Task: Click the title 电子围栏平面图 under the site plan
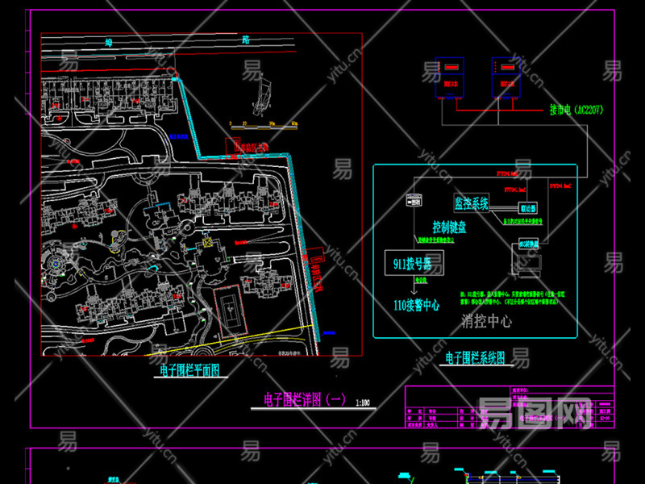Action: pos(189,370)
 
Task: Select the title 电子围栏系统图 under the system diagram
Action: pos(476,356)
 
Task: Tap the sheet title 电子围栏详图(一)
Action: pos(305,399)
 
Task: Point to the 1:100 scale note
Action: pos(361,402)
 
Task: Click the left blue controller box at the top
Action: pos(449,77)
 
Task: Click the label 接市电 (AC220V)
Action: pos(576,110)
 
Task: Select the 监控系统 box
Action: pos(472,203)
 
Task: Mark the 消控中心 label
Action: pos(485,321)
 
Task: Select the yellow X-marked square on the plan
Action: pos(207,241)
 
